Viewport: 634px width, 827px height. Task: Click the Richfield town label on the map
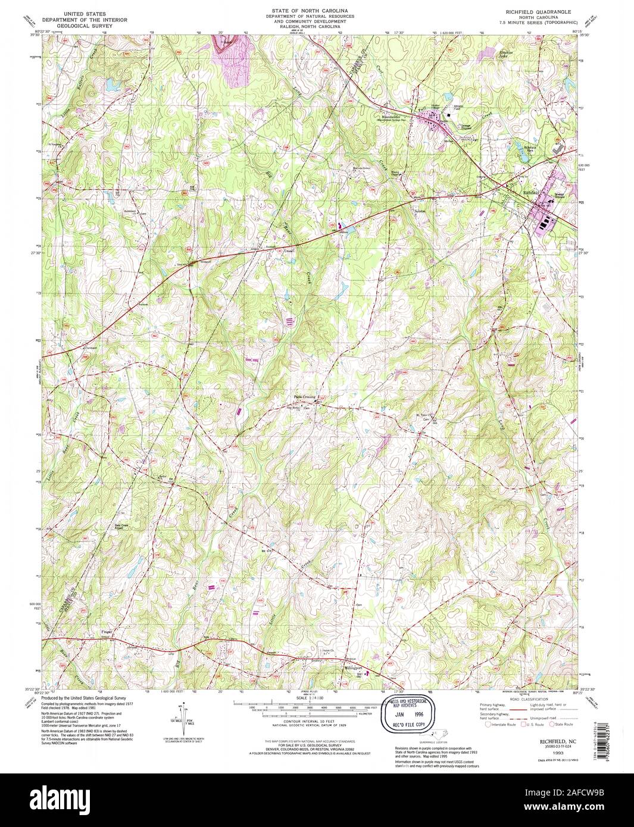[531, 193]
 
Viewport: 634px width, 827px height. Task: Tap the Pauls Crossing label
[304, 397]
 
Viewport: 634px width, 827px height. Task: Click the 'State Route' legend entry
[563, 724]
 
